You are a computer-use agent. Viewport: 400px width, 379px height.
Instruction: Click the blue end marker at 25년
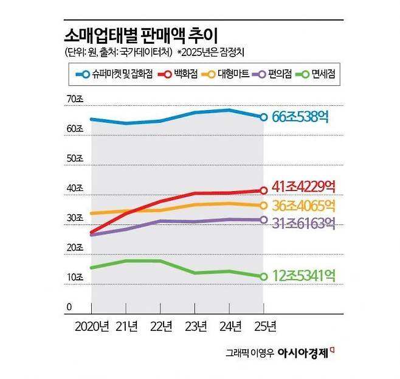coord(263,117)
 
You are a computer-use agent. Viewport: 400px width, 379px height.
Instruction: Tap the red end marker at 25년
coord(263,190)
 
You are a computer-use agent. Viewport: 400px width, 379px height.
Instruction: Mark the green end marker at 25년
coord(263,276)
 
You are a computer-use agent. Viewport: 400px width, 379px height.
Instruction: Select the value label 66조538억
coord(300,116)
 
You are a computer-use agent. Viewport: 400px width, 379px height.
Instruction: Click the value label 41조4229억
coord(304,186)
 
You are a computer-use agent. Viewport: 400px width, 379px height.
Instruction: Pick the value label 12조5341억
coord(304,275)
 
